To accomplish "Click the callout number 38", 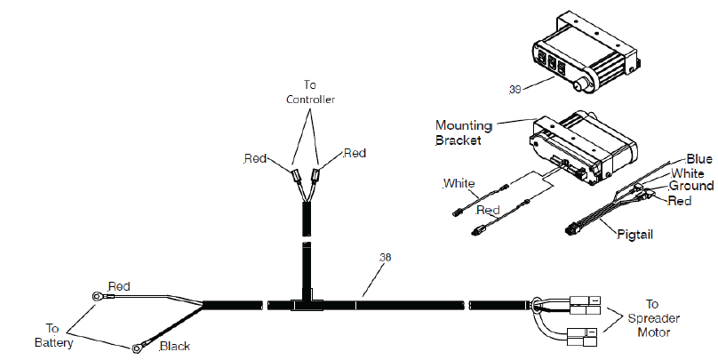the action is (x=385, y=258).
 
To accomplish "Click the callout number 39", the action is (x=515, y=89).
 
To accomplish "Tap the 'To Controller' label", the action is (x=310, y=92).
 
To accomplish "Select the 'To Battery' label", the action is (x=53, y=335).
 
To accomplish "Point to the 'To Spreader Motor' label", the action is (x=653, y=318).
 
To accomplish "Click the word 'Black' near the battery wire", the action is (x=174, y=347).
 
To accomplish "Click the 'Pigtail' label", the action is (x=634, y=235).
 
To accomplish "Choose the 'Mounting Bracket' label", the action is (x=463, y=132).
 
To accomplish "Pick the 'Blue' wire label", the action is (x=699, y=159).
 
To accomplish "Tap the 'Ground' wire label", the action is (x=691, y=186).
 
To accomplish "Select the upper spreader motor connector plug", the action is (x=585, y=306).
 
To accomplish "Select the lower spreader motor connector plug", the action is (x=582, y=337).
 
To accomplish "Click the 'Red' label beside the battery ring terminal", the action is (x=119, y=286).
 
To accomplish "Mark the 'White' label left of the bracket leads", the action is (x=459, y=184).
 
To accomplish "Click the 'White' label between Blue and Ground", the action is (x=688, y=173).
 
